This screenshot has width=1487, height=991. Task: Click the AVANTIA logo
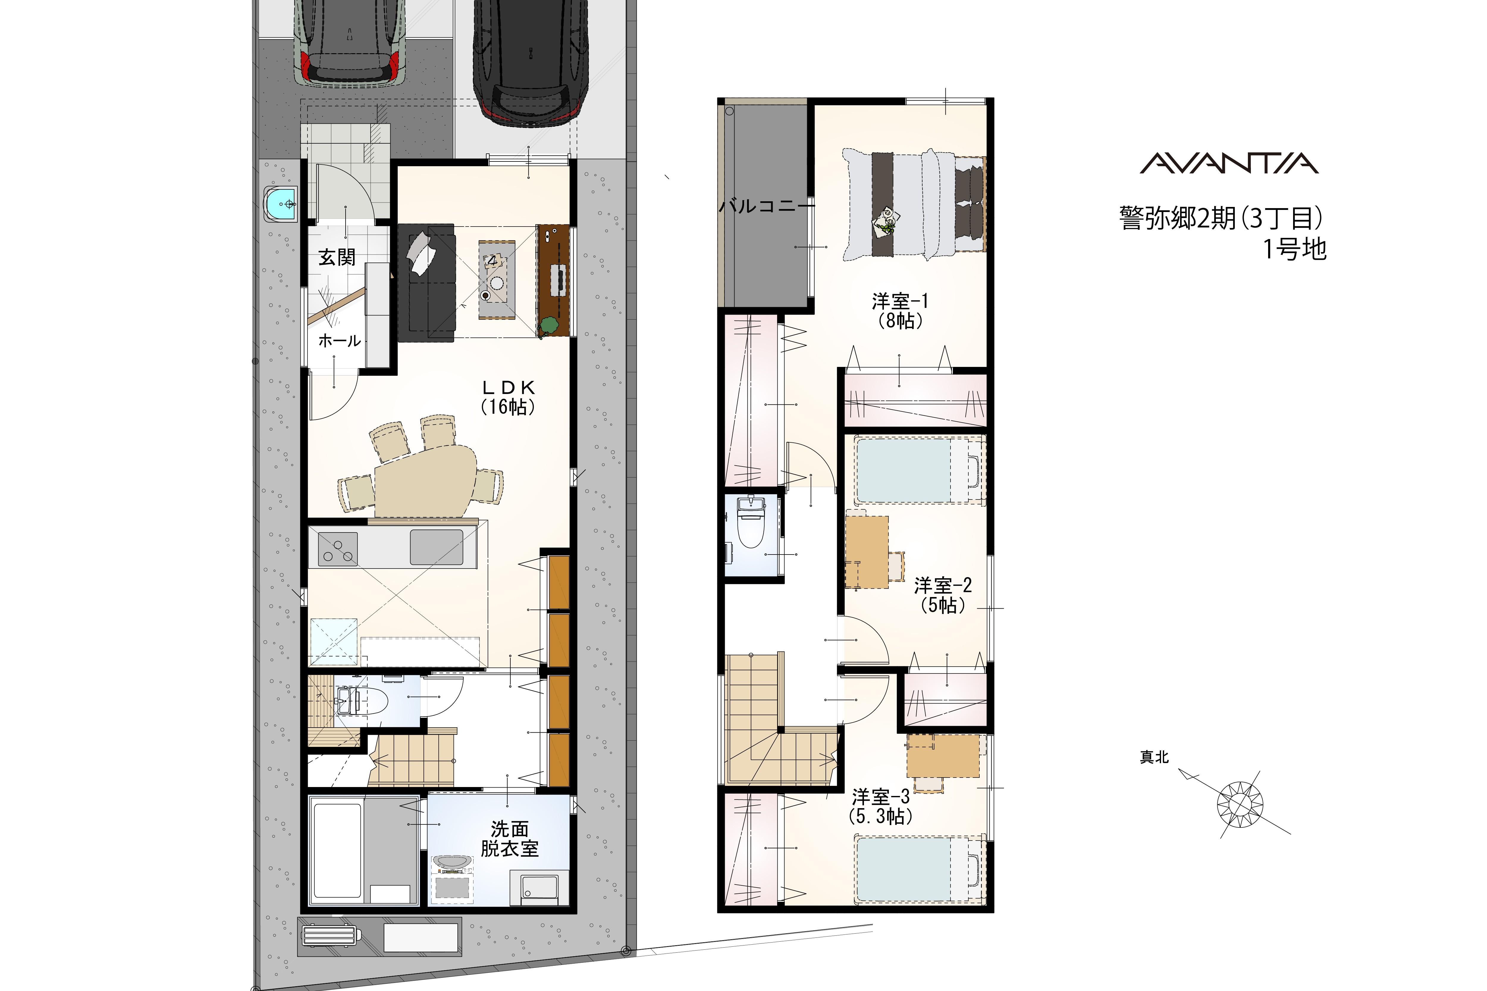(x=1229, y=163)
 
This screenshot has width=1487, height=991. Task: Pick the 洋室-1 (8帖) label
(x=900, y=310)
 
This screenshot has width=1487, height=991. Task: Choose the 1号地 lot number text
(x=1294, y=249)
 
